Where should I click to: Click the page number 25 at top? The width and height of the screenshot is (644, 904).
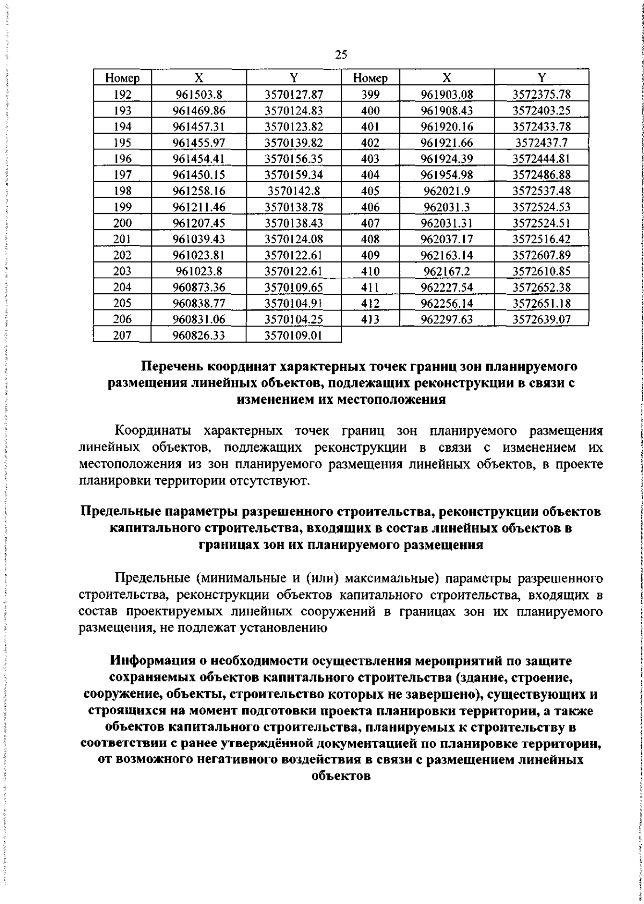click(x=341, y=54)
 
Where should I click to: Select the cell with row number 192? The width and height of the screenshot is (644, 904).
click(x=122, y=95)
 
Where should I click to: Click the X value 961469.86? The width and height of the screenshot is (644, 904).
click(x=199, y=111)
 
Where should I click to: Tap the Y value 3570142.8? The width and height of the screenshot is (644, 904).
click(x=294, y=191)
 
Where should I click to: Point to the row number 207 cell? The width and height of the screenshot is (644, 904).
click(x=122, y=335)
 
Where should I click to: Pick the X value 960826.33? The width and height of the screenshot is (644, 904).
click(x=199, y=335)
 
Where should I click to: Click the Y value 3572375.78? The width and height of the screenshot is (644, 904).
click(x=541, y=95)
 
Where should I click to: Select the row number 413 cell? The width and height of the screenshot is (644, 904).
click(x=370, y=319)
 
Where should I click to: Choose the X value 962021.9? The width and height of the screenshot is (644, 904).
click(x=448, y=191)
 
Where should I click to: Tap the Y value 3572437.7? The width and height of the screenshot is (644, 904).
click(x=541, y=143)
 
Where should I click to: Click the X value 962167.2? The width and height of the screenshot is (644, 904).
click(x=448, y=271)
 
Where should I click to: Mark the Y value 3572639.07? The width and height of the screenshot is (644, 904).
click(x=541, y=319)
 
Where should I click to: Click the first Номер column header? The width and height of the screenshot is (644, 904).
click(x=122, y=78)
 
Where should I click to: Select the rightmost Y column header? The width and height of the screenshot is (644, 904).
click(x=541, y=78)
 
